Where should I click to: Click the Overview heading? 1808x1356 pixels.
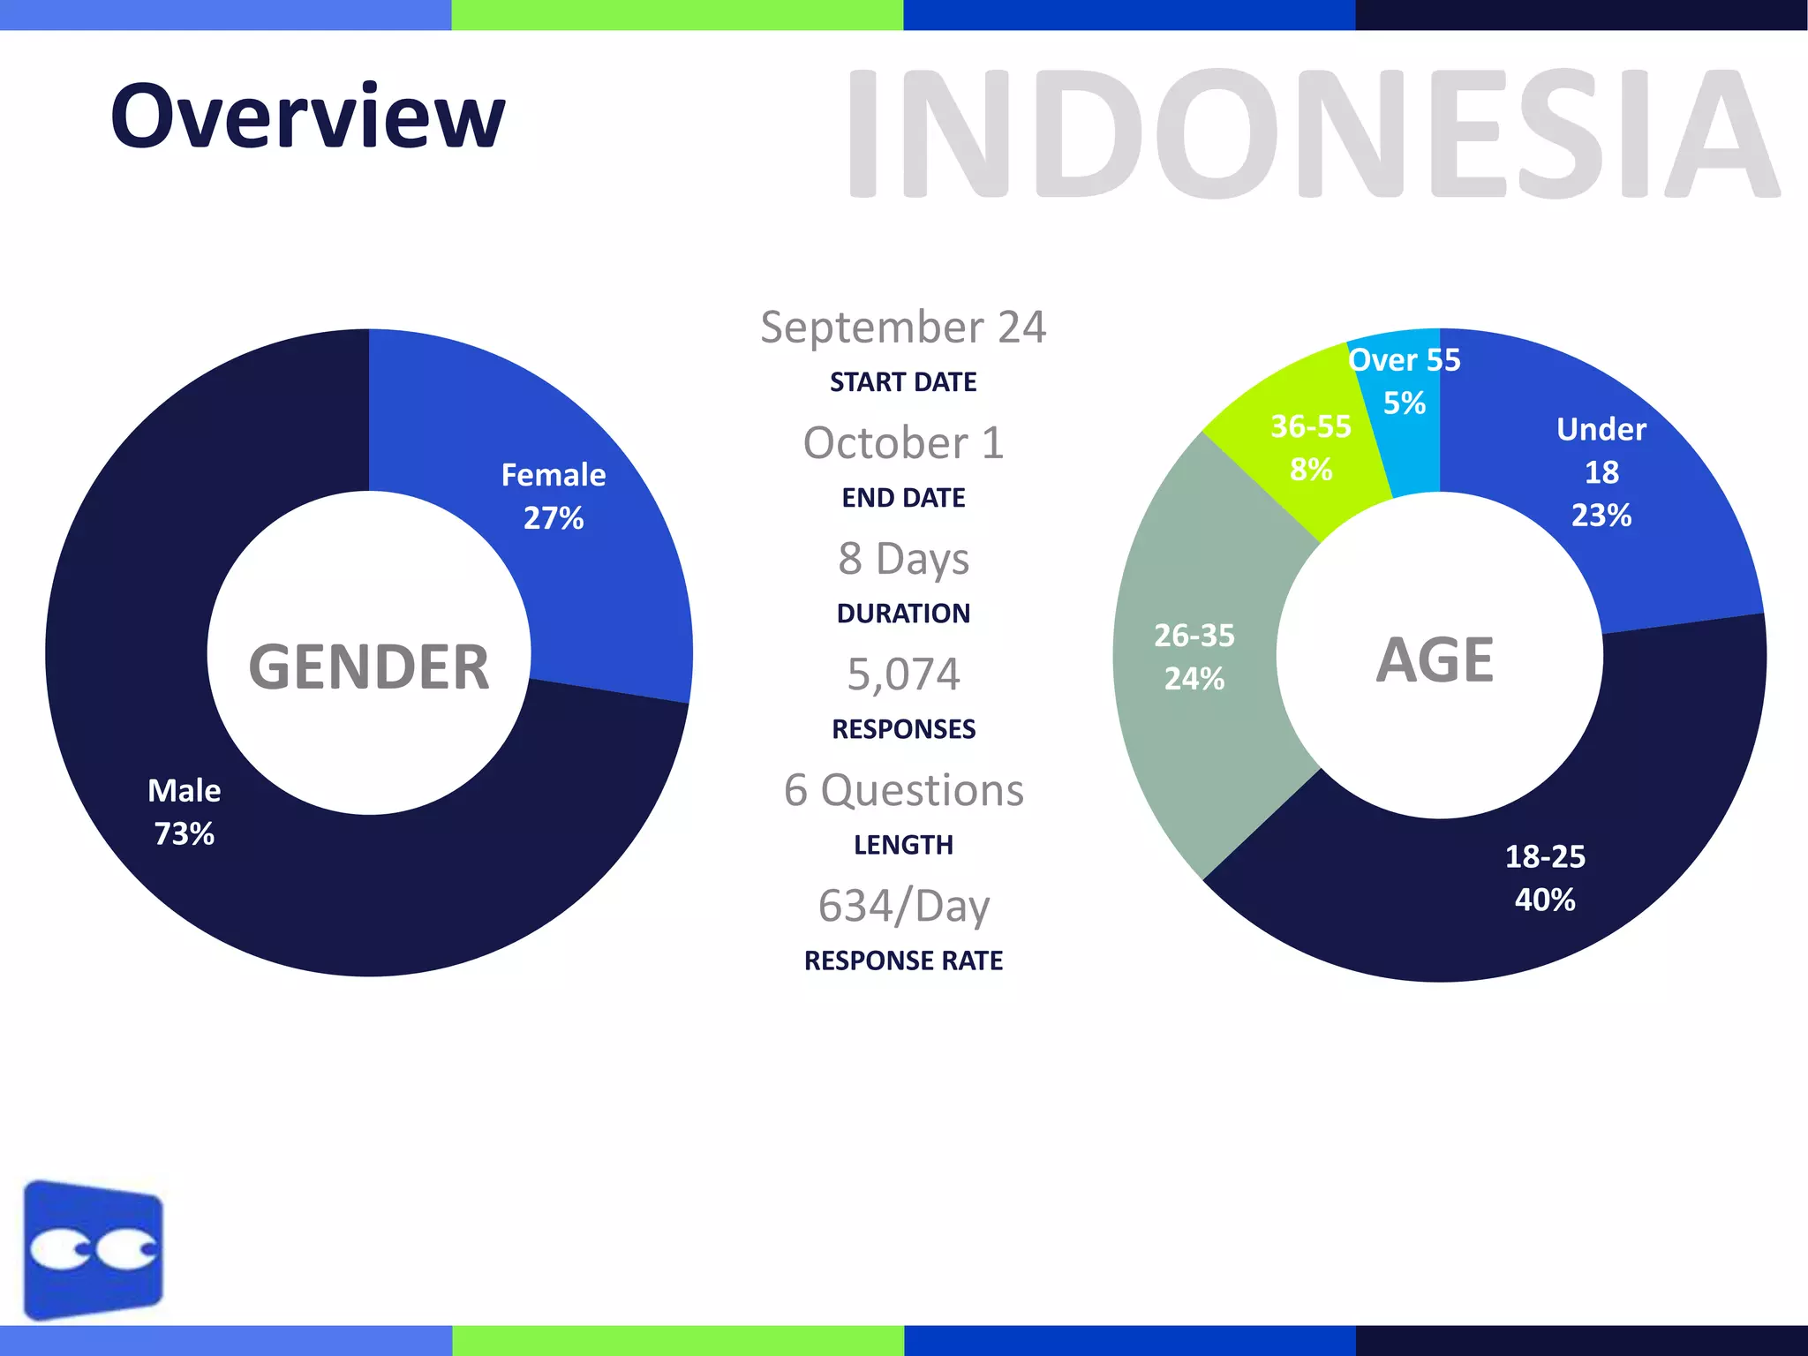(307, 117)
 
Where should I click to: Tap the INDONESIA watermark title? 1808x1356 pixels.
(1311, 134)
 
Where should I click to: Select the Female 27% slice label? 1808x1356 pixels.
(554, 496)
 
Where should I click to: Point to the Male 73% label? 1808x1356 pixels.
(184, 811)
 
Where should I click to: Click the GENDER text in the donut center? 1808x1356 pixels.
(369, 667)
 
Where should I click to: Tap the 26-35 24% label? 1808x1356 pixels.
(1194, 657)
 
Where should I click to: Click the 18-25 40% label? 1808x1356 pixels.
(1545, 878)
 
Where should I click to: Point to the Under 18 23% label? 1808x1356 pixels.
(1601, 472)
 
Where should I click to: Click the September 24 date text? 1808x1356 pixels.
(903, 328)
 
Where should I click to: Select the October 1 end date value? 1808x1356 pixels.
(903, 443)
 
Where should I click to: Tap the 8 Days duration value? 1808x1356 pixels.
(903, 559)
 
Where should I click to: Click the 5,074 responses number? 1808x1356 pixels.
(903, 674)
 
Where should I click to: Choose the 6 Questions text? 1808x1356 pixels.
(903, 790)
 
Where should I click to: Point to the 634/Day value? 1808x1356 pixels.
(903, 906)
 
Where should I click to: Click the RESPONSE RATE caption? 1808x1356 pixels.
(903, 960)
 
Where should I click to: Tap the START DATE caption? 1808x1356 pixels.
(903, 382)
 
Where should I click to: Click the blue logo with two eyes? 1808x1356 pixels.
(94, 1248)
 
